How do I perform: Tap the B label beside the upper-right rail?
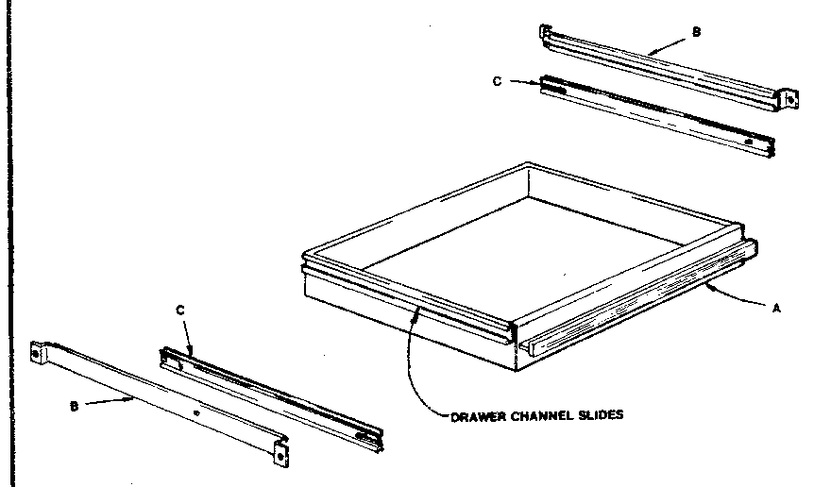696,32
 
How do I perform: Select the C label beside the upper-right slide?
497,80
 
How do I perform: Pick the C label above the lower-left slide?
180,310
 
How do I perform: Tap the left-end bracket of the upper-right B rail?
544,33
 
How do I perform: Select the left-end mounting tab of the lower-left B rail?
39,351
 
